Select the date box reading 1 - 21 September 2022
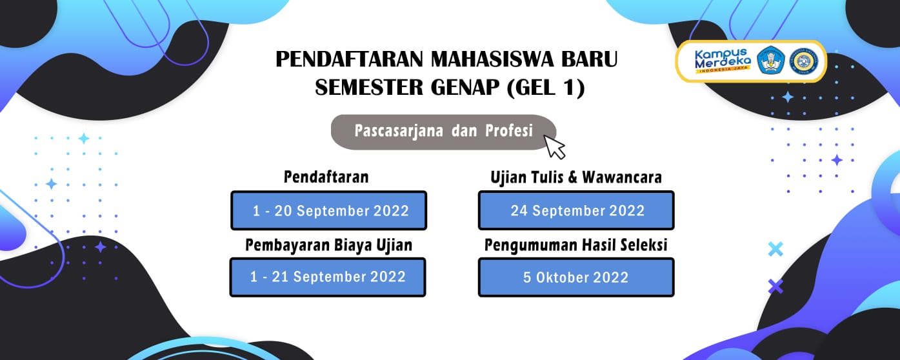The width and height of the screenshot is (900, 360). [328, 277]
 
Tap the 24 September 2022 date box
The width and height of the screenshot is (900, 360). [576, 210]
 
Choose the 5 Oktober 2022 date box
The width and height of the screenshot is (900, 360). [576, 277]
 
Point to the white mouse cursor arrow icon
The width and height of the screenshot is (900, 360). [554, 146]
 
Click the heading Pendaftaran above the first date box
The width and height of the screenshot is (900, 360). [326, 177]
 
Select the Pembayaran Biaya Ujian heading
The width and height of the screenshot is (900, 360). [328, 245]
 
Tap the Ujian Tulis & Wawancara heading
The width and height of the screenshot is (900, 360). [576, 177]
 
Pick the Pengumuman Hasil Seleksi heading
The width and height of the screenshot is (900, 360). [575, 245]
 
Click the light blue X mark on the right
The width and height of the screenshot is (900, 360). [775, 249]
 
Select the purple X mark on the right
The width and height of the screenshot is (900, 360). [775, 286]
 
